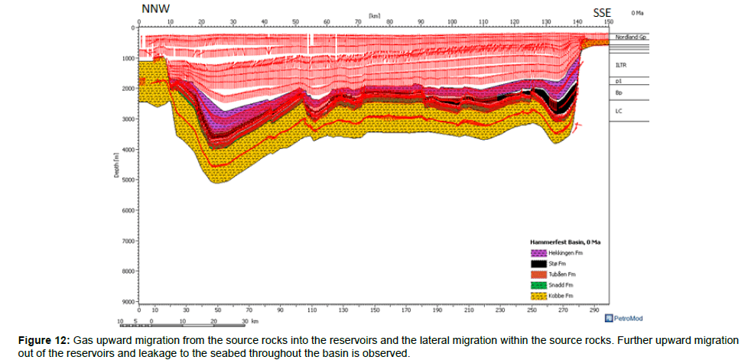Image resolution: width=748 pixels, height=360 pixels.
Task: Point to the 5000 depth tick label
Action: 126,180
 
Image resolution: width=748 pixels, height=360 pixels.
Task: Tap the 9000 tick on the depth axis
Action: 126,302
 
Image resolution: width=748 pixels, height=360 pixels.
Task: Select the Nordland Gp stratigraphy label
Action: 632,37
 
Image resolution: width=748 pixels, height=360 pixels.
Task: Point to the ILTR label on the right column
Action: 621,66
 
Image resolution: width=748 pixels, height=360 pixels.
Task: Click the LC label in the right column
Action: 619,111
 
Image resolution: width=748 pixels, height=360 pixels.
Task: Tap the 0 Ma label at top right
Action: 637,13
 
